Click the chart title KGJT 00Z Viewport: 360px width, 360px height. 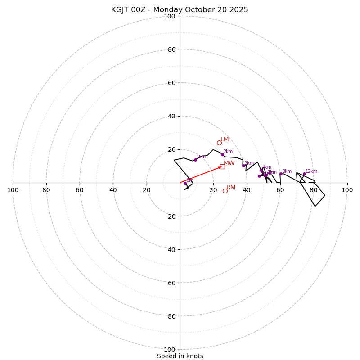[180, 10]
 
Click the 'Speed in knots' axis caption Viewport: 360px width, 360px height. [180, 356]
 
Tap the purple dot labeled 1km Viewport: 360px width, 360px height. [195, 160]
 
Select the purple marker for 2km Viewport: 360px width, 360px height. [222, 154]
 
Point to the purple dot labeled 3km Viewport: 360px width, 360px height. [243, 166]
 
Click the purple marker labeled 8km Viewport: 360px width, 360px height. [281, 174]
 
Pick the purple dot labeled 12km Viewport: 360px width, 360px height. [304, 174]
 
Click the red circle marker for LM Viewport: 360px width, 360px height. [219, 143]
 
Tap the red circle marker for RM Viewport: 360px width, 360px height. [225, 191]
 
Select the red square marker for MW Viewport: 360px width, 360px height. [222, 166]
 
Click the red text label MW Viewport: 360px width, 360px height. [229, 163]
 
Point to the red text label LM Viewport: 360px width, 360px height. [225, 139]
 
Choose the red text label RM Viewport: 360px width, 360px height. [231, 187]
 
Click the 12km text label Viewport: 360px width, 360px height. [311, 171]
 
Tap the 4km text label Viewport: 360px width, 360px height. [267, 167]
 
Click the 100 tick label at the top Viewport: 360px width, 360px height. [169, 16]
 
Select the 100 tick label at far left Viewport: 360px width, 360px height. [13, 190]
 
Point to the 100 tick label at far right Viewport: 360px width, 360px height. [347, 190]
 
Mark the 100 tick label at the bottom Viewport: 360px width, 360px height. [169, 349]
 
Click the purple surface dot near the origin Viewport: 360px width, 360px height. [185, 183]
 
